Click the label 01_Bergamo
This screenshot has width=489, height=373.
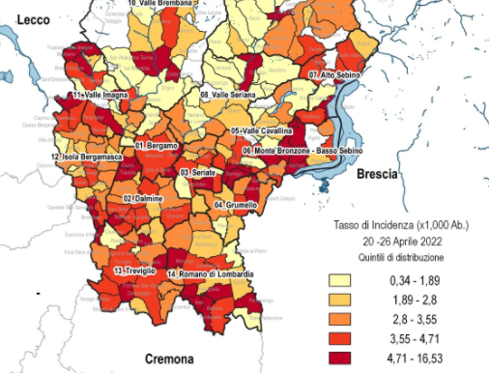pyautogui.click(x=157, y=145)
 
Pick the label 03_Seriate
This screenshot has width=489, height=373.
pyautogui.click(x=197, y=172)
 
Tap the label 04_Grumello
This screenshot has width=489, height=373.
pyautogui.click(x=236, y=206)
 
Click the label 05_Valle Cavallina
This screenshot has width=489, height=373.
pyautogui.click(x=262, y=130)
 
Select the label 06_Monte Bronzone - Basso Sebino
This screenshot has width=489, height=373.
pyautogui.click(x=302, y=152)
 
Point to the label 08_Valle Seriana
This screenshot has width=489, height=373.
pyautogui.click(x=228, y=95)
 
